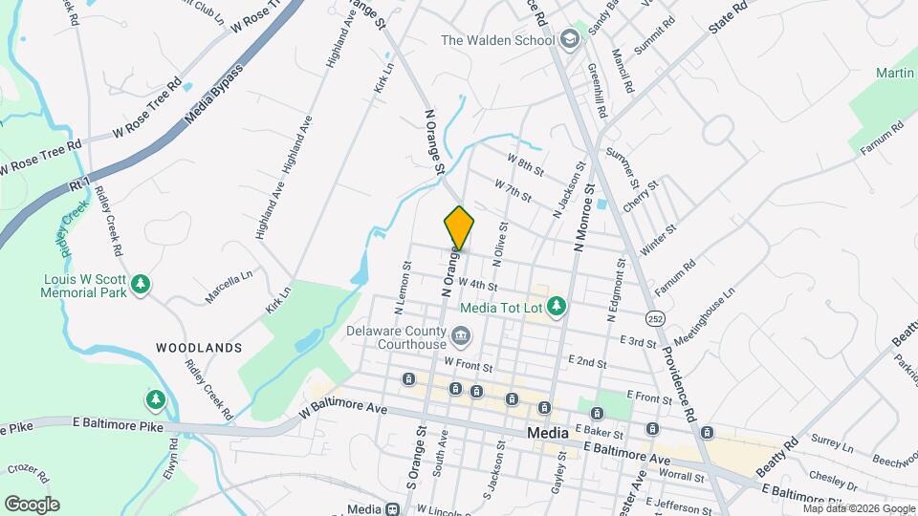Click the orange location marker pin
459,227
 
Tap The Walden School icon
571,40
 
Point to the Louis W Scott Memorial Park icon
141,284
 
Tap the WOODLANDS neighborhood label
199,348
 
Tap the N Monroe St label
582,219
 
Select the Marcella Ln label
229,286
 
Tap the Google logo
32,504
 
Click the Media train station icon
392,509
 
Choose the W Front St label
468,364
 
